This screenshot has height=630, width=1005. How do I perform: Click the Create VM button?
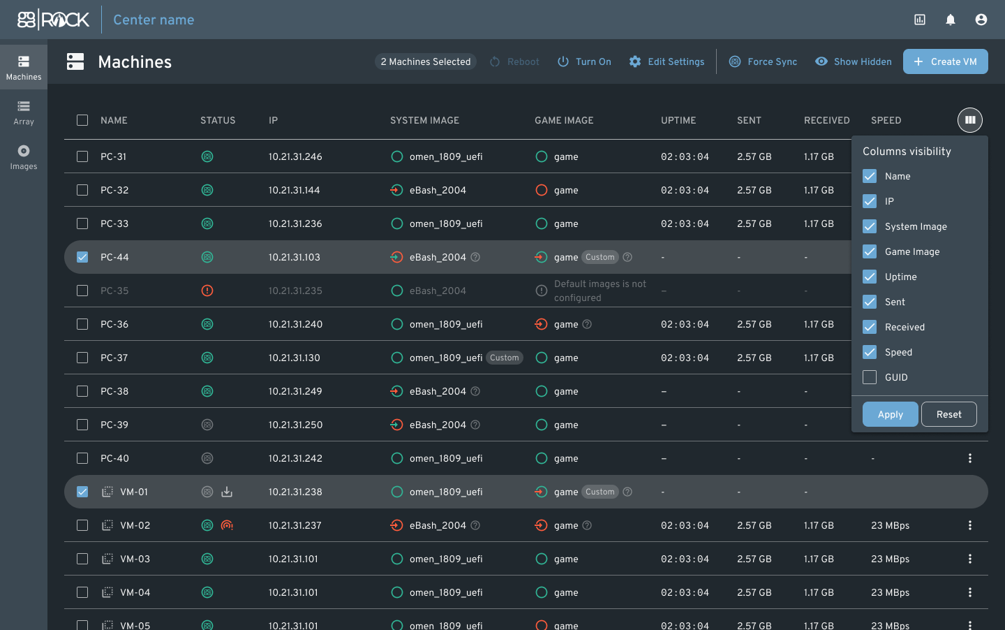tap(945, 61)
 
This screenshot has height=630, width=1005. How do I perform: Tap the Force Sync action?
tap(763, 61)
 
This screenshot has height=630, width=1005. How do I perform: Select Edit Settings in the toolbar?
tap(667, 61)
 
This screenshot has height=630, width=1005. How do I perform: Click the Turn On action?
tap(584, 61)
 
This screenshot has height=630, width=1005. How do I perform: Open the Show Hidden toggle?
tap(854, 61)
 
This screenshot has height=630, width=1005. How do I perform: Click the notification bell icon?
tap(951, 20)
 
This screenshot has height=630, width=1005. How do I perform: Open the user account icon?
tap(981, 20)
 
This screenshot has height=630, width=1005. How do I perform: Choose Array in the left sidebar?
tap(24, 112)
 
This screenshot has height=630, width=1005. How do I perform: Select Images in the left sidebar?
tap(24, 157)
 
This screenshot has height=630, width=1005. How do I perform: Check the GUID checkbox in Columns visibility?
tap(870, 377)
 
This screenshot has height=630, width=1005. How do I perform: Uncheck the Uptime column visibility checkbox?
tap(870, 277)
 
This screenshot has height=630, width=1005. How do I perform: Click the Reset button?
tap(949, 414)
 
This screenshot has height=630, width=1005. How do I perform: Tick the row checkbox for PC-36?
tap(82, 324)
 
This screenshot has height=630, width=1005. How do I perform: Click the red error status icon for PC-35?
tap(207, 291)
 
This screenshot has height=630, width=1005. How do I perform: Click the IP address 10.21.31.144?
tap(294, 190)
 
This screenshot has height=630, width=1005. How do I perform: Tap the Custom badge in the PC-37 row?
tap(505, 358)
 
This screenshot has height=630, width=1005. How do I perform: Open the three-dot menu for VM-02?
tap(970, 525)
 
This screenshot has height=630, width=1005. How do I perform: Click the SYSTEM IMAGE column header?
tap(424, 120)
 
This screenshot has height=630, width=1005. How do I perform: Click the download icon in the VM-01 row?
tap(227, 492)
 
